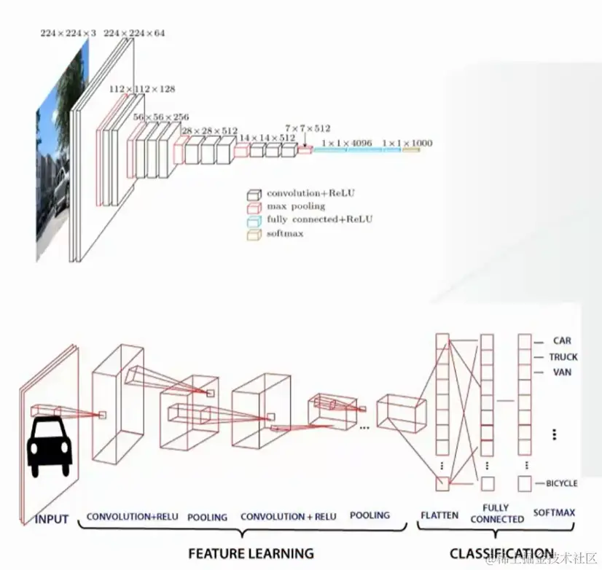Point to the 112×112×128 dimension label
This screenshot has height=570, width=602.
coord(142,88)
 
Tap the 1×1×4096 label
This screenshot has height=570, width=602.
coord(348,143)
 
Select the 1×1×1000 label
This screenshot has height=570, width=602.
coord(407,143)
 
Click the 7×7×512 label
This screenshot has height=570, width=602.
coord(308,127)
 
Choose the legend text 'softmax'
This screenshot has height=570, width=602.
coord(285,234)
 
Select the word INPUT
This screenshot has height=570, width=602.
coord(51,520)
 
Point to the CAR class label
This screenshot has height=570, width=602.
coord(562,340)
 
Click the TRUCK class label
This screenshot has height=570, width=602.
coord(563,356)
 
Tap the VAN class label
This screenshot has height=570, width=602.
coord(562,372)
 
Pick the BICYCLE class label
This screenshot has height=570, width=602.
coord(561,483)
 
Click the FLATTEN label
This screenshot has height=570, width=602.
coord(439,515)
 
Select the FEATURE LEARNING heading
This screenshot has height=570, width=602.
coord(251,553)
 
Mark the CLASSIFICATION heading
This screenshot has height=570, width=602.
coord(501,553)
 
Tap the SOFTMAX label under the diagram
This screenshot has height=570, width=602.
coord(554,513)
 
